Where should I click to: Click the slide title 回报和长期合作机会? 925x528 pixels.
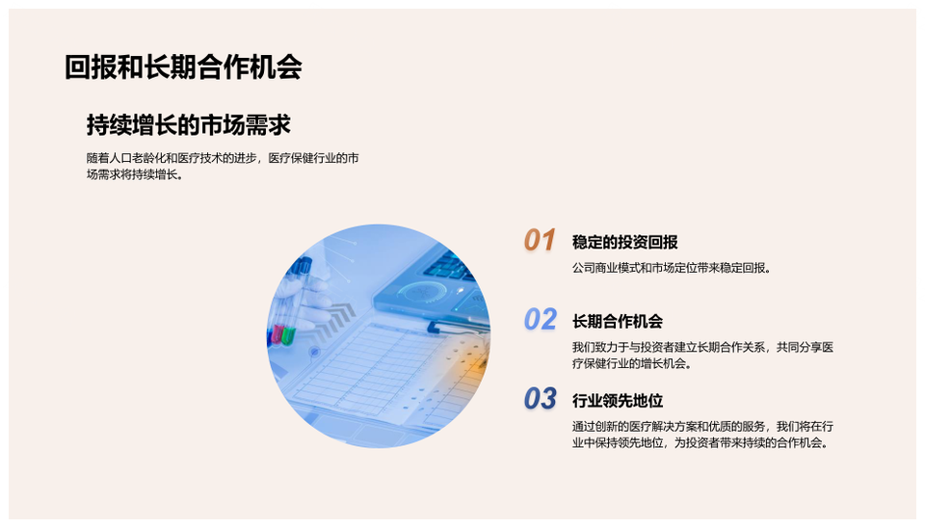point(183,67)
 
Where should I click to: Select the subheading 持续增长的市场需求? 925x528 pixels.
point(188,125)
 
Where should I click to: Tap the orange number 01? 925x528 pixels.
point(540,241)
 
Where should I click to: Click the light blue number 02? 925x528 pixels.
point(540,320)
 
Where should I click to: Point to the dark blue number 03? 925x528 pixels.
point(540,399)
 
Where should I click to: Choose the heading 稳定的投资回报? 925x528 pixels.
point(624,242)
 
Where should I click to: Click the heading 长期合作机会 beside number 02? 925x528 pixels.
point(617,322)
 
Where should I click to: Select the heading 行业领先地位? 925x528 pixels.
point(617,401)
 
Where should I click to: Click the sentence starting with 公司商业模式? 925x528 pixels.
point(672,268)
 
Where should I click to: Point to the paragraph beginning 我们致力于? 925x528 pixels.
point(702,356)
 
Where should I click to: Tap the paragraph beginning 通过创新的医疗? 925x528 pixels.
point(702,435)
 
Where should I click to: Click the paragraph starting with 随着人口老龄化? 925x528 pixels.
point(223,167)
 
